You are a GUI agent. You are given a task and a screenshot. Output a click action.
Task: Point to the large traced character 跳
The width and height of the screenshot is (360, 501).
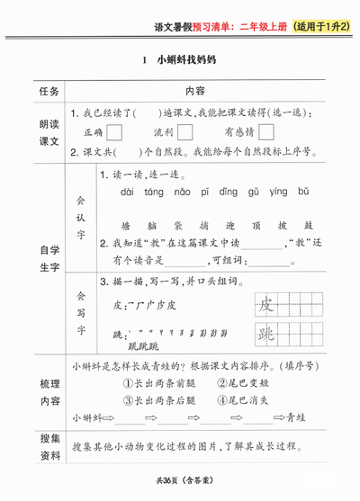266,335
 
